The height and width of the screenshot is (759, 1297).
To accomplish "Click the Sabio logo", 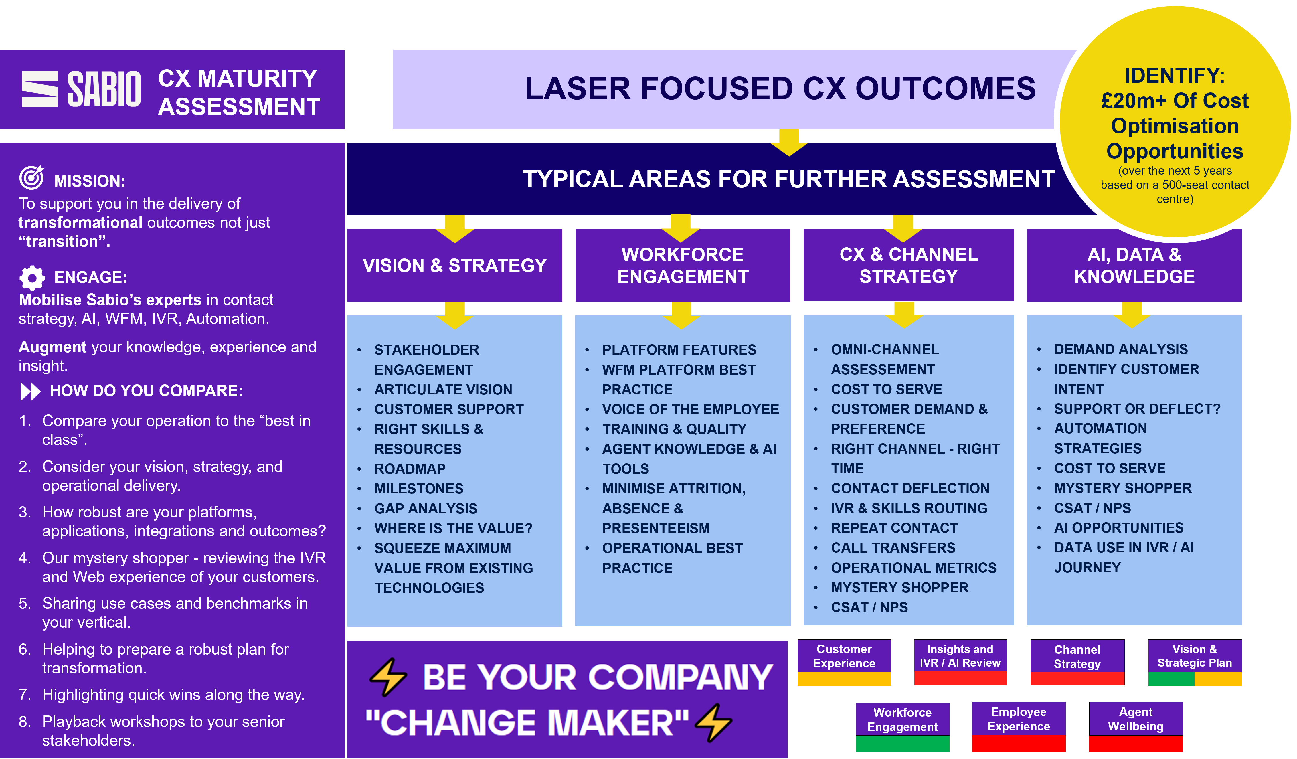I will tap(81, 89).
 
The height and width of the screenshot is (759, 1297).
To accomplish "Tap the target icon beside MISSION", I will tap(31, 178).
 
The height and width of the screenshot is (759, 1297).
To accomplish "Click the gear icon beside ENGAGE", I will tap(32, 278).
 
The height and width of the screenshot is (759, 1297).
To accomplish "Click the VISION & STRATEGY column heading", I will tap(454, 266).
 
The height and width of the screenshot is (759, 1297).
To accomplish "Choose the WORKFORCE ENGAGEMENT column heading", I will tap(683, 266).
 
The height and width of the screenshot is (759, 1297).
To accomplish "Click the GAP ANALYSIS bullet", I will tap(426, 508).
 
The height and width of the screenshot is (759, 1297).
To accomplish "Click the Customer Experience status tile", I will tap(844, 657).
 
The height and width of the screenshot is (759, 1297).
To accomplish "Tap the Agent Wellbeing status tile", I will tap(1135, 720).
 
